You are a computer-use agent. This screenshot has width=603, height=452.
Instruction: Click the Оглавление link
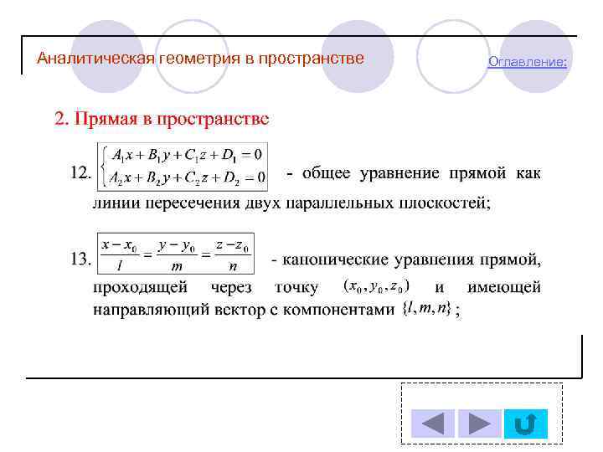tap(528, 63)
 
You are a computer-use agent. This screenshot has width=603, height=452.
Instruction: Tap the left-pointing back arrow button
tap(432, 424)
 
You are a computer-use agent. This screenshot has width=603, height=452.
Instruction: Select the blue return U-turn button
tap(526, 424)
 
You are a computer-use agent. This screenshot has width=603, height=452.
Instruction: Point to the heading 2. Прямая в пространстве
tap(162, 118)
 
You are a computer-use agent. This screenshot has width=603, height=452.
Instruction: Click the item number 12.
tap(80, 173)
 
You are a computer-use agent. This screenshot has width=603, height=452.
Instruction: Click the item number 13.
tap(80, 259)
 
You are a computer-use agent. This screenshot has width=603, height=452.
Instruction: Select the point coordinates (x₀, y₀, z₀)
tap(376, 286)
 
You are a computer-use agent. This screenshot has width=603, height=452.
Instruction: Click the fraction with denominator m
tap(177, 255)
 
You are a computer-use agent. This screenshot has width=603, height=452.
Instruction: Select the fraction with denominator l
tap(120, 255)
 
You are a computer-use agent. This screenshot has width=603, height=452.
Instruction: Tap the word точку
tap(296, 288)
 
